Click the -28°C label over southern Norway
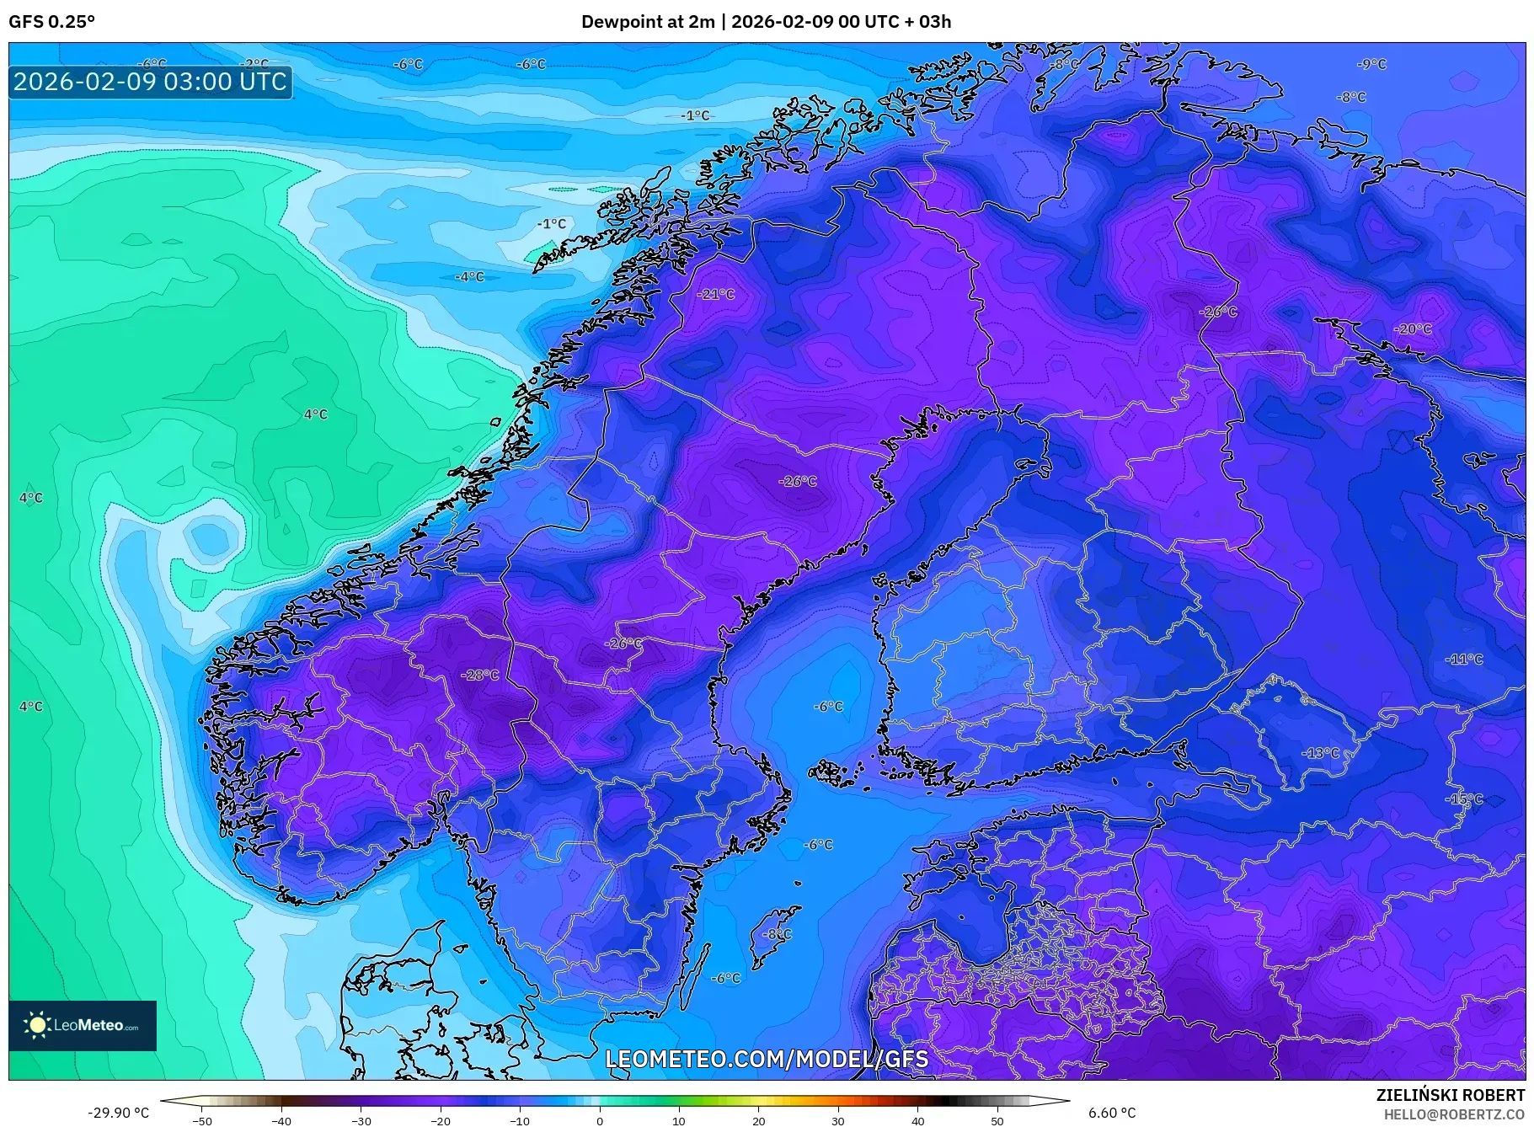point(480,675)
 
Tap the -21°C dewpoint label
point(716,294)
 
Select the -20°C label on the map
point(1413,328)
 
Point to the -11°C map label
point(1464,659)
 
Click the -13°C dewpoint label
point(1320,752)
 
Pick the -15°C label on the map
point(1464,799)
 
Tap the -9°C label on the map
point(1371,64)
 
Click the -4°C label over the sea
point(469,276)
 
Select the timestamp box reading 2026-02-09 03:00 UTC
point(151,82)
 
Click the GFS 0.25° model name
point(52,22)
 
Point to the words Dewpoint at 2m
point(647,22)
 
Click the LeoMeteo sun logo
point(38,1025)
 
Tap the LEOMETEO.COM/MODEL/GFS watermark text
point(767,1059)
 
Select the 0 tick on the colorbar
point(600,1120)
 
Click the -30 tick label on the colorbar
point(361,1120)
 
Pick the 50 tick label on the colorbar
point(997,1120)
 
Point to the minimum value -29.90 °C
point(118,1113)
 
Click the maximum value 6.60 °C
point(1112,1113)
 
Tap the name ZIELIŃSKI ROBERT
point(1450,1095)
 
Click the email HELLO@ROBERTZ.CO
point(1453,1114)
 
